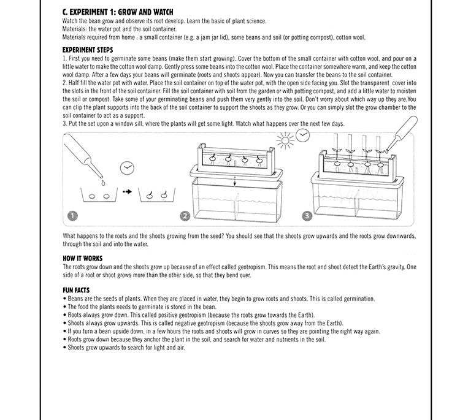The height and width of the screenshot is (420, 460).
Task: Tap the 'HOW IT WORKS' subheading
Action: (83, 258)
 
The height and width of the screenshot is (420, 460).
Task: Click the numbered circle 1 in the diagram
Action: (73, 216)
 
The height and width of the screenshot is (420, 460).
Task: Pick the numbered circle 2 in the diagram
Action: (185, 216)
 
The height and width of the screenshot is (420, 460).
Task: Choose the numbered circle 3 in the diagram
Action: (307, 216)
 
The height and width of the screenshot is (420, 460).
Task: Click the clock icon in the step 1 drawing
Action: (127, 167)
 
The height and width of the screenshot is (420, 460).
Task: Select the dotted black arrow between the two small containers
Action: (127, 192)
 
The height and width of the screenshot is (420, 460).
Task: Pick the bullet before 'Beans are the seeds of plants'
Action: (64, 299)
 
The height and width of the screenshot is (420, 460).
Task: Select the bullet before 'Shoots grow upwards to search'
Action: (64, 348)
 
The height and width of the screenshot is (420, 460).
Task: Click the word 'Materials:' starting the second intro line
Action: (75, 29)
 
